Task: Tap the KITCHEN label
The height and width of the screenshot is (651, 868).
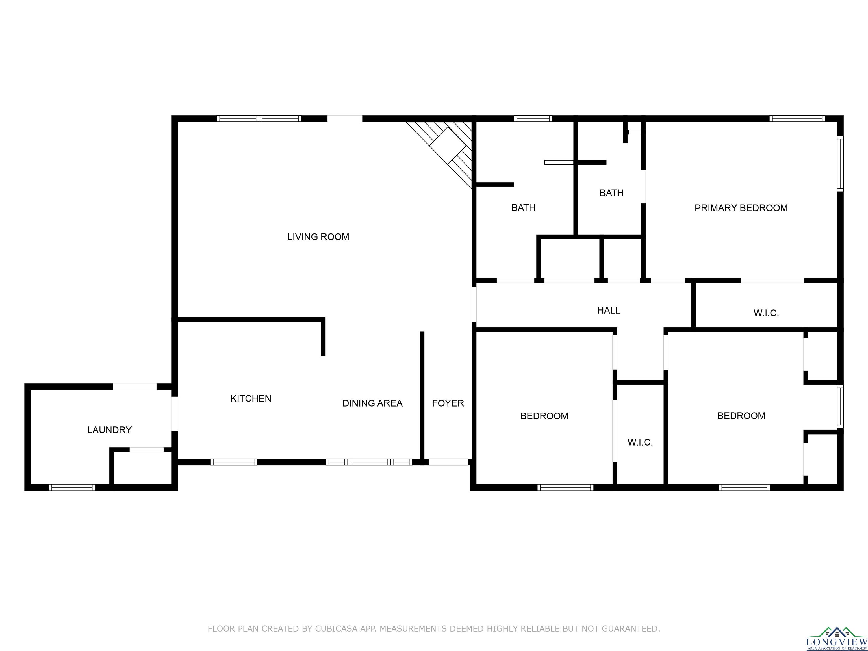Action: (x=251, y=399)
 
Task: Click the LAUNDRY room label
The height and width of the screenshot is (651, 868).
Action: (x=109, y=430)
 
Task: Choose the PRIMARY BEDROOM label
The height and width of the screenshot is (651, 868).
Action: (x=741, y=208)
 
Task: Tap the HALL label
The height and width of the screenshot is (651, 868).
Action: (x=609, y=311)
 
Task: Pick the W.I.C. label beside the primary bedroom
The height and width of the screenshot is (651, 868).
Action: (x=766, y=313)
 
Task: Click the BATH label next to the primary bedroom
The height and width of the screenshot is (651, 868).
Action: (x=611, y=193)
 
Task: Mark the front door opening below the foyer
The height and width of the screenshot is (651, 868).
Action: (x=448, y=462)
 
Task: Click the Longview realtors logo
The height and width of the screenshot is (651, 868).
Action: (x=836, y=639)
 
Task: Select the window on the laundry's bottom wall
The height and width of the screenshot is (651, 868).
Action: (x=72, y=487)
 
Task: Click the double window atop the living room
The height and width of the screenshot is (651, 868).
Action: (x=259, y=118)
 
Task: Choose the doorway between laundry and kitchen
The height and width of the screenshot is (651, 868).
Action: (x=175, y=414)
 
